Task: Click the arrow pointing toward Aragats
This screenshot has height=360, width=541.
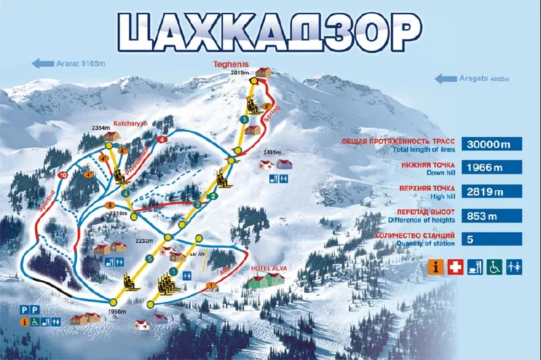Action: tap(446, 78)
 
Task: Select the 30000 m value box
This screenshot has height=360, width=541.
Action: tap(492, 144)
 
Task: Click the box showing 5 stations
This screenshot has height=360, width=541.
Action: tap(492, 239)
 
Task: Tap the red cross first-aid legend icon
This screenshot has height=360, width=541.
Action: tap(455, 267)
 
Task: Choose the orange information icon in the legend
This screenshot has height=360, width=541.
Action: tap(436, 267)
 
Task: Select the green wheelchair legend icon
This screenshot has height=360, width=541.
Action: tap(495, 267)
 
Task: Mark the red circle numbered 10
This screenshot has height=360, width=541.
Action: tap(63, 175)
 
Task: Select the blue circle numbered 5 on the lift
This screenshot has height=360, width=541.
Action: tap(150, 258)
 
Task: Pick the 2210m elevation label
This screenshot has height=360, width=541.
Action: tap(119, 212)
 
